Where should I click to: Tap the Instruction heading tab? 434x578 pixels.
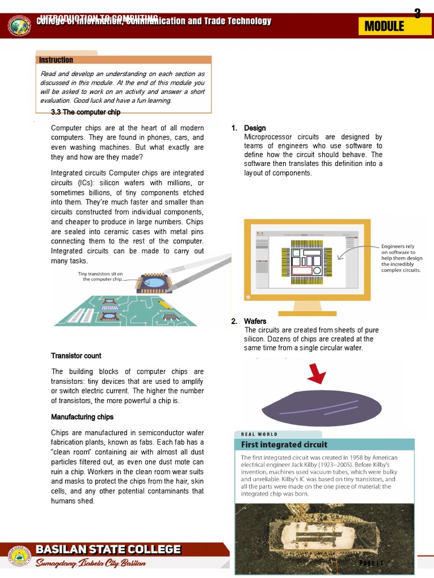pos(56,60)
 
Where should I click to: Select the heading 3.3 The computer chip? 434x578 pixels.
pos(85,112)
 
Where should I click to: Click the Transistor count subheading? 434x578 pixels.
pos(76,356)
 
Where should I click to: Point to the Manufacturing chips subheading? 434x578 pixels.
pos(82,417)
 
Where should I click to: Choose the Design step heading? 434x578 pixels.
pos(254,128)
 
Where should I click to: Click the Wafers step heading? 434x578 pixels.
pos(255,321)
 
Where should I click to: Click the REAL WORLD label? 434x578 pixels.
pos(259,434)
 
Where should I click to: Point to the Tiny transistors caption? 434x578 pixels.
pos(100,276)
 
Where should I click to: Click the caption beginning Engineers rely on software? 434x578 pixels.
pos(401,259)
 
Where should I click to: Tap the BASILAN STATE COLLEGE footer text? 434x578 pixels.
pos(108,549)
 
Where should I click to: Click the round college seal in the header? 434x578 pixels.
pos(20,26)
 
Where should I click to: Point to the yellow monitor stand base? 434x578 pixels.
pos(307,313)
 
